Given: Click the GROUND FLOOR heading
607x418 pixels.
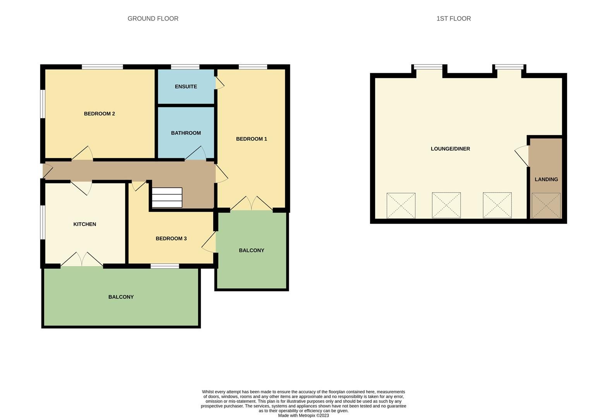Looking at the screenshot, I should pos(153,19).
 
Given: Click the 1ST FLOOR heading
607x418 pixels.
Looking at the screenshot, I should pos(453,19).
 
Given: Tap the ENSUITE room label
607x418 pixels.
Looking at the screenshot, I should pos(186,87).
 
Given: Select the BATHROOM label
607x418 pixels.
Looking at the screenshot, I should pos(186,133).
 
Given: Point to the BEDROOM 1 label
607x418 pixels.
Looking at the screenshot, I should pos(251,139).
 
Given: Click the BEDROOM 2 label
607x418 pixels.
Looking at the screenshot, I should pos(99,114).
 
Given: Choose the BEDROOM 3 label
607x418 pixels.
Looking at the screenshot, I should pos(171,239).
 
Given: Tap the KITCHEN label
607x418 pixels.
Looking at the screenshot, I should pos(85,224).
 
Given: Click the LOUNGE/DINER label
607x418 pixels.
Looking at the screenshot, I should pos(450,149).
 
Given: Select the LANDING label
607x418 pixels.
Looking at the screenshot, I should pos(546,180).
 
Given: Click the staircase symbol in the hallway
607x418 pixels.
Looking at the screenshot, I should pos(167,197).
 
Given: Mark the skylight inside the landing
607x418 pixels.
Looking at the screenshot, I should pos(546,206).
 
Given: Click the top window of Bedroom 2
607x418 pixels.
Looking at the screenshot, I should pos(102,67).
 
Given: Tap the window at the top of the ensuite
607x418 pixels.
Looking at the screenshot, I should pos(185,67).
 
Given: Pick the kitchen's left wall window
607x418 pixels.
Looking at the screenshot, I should pos(43,222).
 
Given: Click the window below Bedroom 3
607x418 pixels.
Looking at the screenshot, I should pos(165,266).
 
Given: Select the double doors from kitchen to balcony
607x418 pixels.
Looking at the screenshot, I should pos(82,260).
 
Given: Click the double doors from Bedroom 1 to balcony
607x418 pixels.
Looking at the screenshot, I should pos(252,204).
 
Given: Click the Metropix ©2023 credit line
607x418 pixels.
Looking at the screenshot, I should pos(303,415).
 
